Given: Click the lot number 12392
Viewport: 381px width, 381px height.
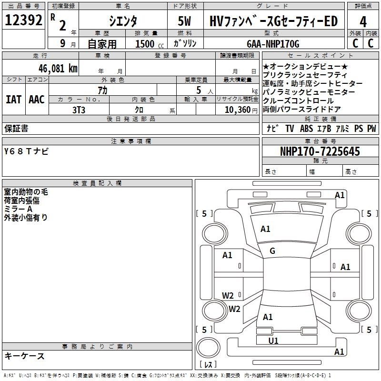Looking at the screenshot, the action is pos(23,20).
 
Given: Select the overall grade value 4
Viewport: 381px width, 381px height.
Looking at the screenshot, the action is pos(363,22).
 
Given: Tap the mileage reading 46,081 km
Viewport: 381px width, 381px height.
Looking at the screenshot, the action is pos(58,69).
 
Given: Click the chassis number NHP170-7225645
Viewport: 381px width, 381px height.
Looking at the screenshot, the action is pos(320,151).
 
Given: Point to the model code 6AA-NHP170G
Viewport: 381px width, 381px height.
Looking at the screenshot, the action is pos(273,44).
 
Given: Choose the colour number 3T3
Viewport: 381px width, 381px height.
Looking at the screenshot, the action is pos(79,110).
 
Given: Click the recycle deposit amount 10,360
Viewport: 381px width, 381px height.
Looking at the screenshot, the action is pos(238,110).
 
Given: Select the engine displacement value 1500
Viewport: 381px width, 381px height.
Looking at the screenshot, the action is pos(145,44).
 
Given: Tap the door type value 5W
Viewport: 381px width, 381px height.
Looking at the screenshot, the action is pos(185,21).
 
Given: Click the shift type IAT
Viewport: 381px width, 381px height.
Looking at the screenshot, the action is pos(13,100).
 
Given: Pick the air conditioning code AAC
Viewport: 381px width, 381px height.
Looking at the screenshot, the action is pos(37,100).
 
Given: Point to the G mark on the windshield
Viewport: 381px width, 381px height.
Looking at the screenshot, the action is pos(272,251).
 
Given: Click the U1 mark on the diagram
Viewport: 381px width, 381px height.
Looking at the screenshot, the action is pos(273,341).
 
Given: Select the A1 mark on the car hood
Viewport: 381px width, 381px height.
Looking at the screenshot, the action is pos(265,229).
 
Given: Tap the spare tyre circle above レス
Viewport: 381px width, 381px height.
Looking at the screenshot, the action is pos(208,347).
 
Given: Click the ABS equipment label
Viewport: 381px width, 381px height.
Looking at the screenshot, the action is pos(306,128).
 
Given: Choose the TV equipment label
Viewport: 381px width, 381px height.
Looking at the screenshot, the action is pos(290,128).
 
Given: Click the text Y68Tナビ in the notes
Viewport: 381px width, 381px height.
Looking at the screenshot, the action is pos(26,151).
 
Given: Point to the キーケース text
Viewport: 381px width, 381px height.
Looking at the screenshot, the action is pos(25,356).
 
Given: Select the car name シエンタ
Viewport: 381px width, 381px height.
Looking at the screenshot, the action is pos(123,21).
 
